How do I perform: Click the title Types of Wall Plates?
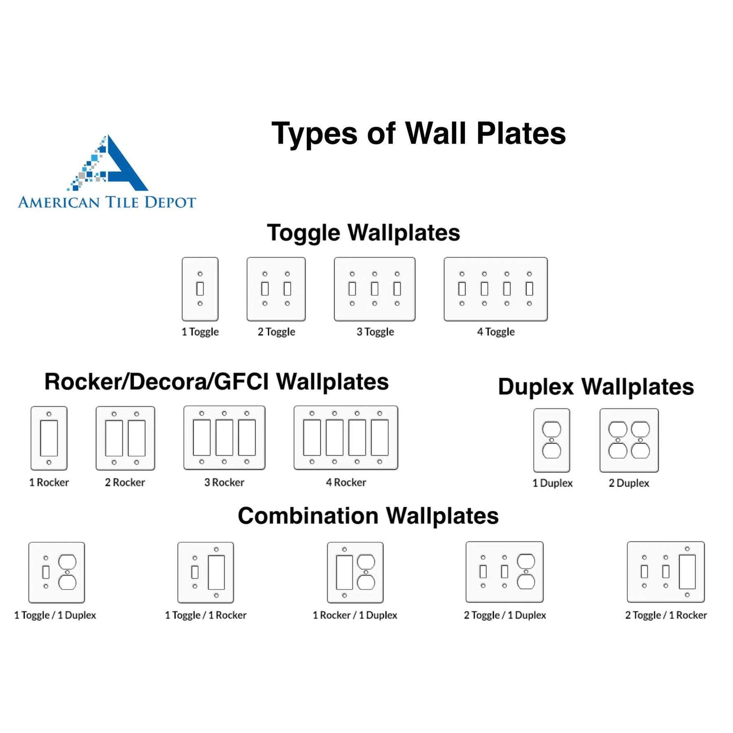pos(418,134)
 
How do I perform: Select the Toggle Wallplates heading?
pos(363,233)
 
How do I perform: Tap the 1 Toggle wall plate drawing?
pos(200,289)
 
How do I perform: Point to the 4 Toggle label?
pos(496,331)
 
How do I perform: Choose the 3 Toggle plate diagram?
pos(375,289)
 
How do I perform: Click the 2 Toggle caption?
pos(276,331)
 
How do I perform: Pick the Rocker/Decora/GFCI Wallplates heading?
pos(217,382)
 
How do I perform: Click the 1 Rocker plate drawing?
pos(49,438)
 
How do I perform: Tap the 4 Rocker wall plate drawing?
pos(346,438)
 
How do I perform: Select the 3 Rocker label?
pos(224,482)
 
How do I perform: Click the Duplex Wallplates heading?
pos(596,387)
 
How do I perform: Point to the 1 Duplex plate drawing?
pos(552,440)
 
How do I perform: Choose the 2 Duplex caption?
pos(629,483)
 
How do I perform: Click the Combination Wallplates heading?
pos(368,516)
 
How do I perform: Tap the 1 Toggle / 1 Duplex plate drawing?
pos(57,572)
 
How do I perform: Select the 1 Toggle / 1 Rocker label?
pos(205,615)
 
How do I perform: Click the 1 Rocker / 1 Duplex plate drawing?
pos(355,572)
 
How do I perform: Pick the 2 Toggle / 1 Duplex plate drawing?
pos(504,572)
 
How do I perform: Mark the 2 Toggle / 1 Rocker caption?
pos(666,615)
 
